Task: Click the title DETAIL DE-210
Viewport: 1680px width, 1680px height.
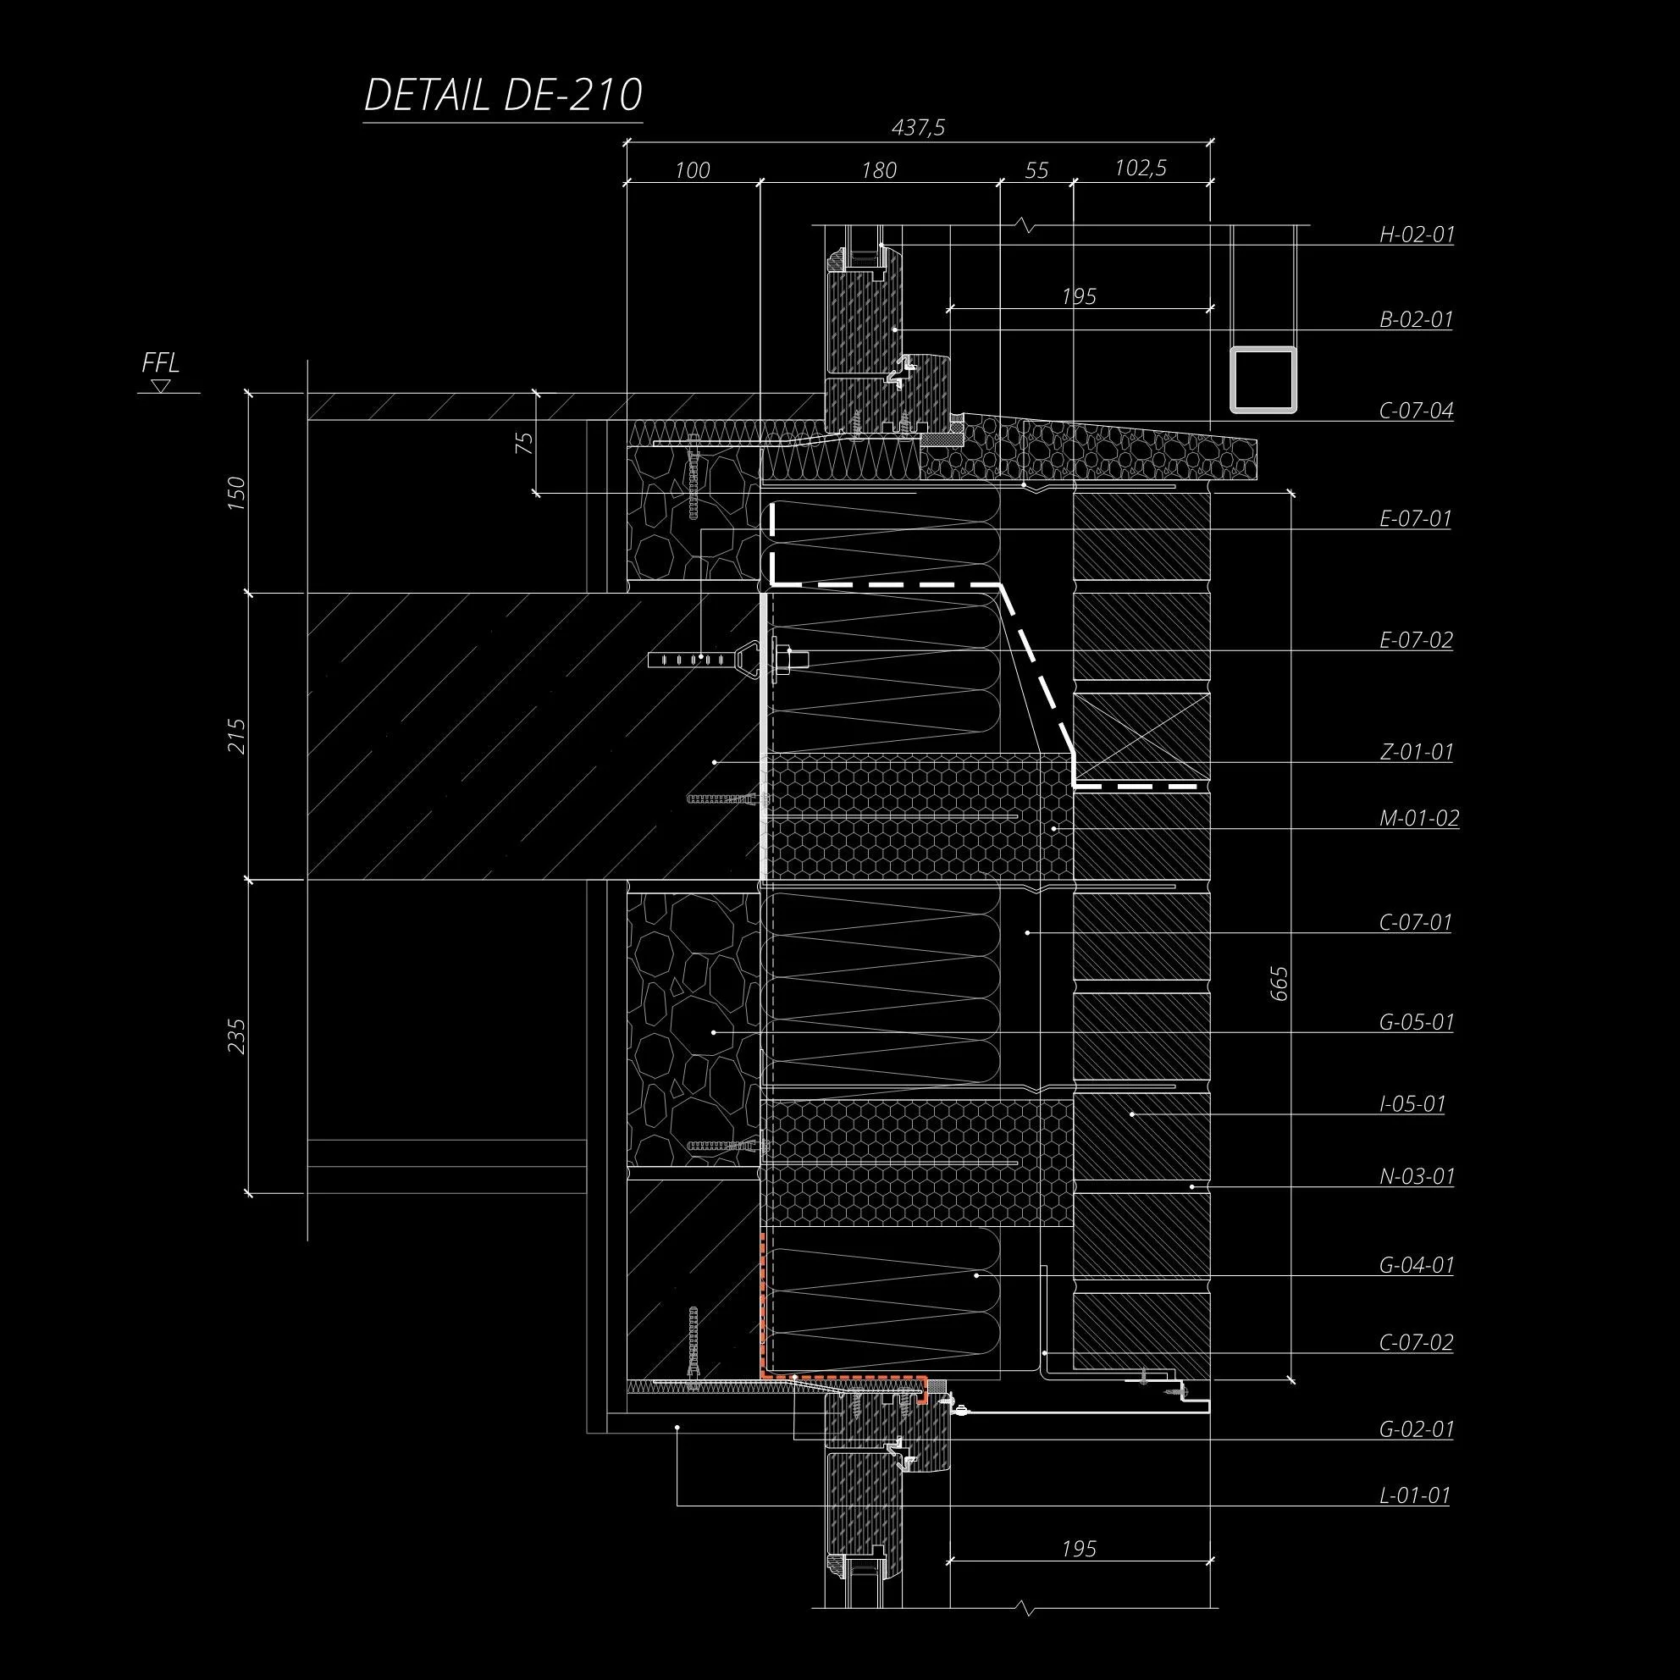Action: [x=503, y=96]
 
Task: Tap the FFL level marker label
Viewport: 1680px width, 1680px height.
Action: [x=161, y=362]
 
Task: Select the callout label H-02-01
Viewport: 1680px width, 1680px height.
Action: [x=1417, y=234]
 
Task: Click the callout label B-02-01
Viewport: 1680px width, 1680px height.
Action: [x=1417, y=319]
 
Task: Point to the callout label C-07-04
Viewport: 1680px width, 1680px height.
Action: [x=1417, y=411]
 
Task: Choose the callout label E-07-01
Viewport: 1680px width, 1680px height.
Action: [x=1416, y=519]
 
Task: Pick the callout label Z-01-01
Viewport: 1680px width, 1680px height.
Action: [x=1417, y=751]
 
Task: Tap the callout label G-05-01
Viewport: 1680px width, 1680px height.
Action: [x=1417, y=1022]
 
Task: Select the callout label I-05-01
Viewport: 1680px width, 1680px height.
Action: [x=1412, y=1104]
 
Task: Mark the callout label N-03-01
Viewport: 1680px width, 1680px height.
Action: [x=1417, y=1176]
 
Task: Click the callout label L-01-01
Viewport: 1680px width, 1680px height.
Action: [x=1415, y=1495]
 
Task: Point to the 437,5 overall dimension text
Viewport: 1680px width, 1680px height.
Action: [x=918, y=129]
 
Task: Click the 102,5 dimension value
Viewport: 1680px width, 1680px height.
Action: [x=1141, y=168]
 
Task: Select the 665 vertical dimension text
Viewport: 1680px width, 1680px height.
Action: [x=1279, y=982]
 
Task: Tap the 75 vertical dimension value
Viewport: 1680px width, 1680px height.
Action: [x=524, y=443]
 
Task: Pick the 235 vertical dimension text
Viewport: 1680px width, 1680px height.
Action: [x=236, y=1036]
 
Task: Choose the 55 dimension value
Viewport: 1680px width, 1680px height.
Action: [x=1036, y=170]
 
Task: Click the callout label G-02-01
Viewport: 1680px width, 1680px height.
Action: [x=1417, y=1429]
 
